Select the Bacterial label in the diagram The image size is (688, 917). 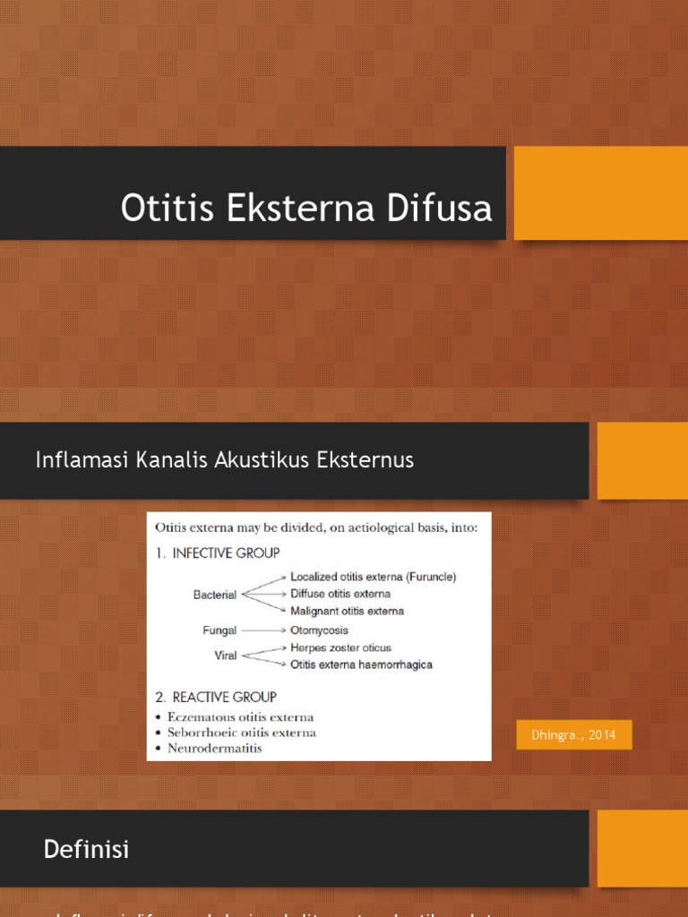pos(215,594)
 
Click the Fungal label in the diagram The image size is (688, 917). pos(219,630)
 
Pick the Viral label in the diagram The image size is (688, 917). pos(226,656)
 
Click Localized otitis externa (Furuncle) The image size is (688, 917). pos(373,578)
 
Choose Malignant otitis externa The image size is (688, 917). pos(347,611)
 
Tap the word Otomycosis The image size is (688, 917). pos(321,630)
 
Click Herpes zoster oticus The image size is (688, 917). pos(340,647)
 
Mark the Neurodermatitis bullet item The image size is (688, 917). pos(215,748)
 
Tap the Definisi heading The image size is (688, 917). pos(86,850)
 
